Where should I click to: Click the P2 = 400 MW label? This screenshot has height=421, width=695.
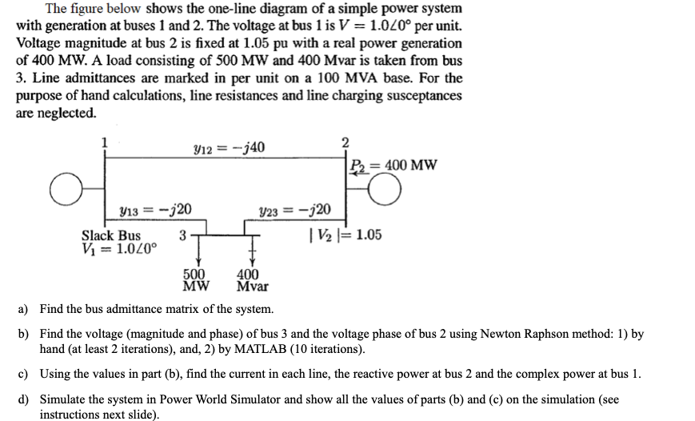pyautogui.click(x=393, y=166)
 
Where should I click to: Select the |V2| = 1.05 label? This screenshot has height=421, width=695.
pyautogui.click(x=345, y=235)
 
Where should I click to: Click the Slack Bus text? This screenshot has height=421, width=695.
pyautogui.click(x=111, y=235)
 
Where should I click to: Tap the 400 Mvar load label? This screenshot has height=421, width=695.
pyautogui.click(x=253, y=279)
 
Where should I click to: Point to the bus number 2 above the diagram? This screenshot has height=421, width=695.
pyautogui.click(x=345, y=142)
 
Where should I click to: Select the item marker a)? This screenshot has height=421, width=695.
pyautogui.click(x=24, y=308)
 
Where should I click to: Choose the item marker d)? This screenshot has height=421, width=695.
pyautogui.click(x=24, y=399)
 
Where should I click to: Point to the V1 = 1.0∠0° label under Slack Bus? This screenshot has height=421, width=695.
pyautogui.click(x=120, y=248)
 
